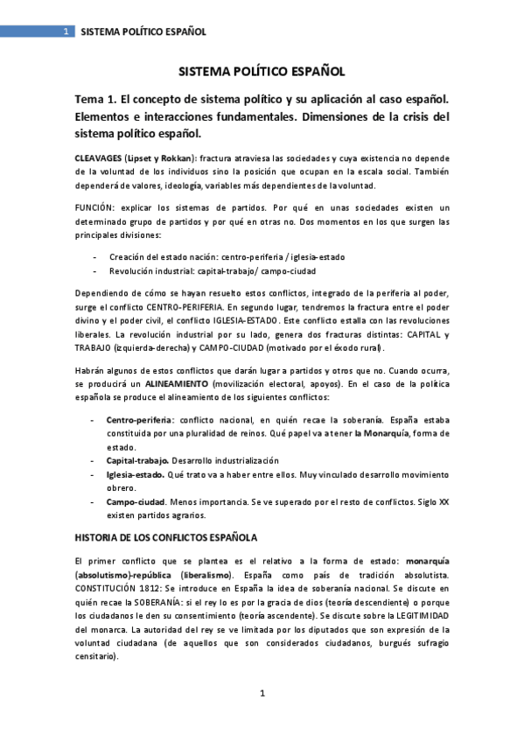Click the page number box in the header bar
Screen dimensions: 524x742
click(66, 31)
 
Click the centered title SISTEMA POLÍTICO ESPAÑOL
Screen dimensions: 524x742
click(262, 73)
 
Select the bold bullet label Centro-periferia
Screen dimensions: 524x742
click(139, 420)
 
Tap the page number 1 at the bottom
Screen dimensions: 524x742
click(262, 694)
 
